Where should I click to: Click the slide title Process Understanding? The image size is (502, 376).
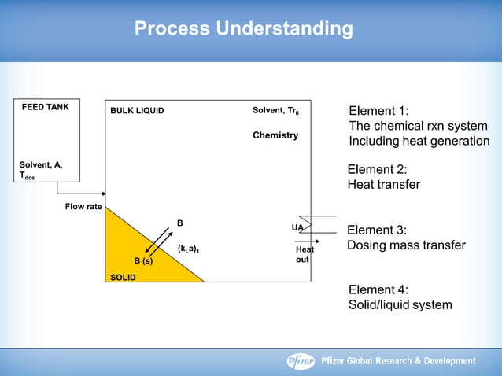coord(243,29)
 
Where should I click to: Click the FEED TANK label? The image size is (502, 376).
coord(45,108)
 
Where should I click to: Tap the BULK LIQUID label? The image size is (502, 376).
coord(137,111)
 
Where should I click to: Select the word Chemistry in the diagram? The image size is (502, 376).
coord(275,135)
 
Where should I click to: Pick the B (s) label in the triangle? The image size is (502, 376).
coord(143,260)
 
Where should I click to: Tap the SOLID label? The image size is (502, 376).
coord(123,277)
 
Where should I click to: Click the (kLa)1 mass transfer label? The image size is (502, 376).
coord(188,250)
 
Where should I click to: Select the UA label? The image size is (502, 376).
coord(297,227)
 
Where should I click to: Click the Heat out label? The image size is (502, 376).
coord(305,254)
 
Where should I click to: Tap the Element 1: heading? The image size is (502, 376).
coord(378,111)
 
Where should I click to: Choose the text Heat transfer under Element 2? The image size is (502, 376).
coord(383,185)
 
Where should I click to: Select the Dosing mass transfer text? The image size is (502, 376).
coord(406,245)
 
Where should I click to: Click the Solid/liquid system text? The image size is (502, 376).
coord(400,304)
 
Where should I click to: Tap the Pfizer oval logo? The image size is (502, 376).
coord(300,361)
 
